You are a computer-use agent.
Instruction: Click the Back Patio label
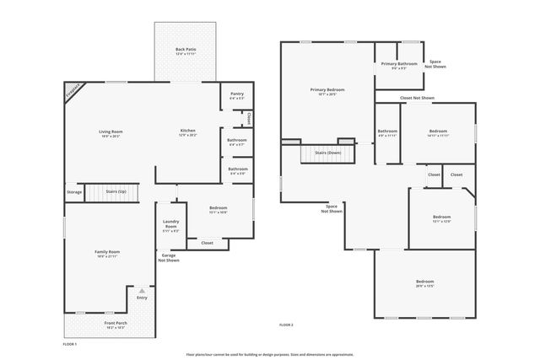point(185,51)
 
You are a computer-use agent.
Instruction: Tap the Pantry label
point(236,96)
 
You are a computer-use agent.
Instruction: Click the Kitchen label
point(187,132)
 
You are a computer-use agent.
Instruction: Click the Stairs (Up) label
point(116,192)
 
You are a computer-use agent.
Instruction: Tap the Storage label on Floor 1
point(74,192)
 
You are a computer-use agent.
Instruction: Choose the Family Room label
point(107,253)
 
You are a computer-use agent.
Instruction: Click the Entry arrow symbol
point(142,291)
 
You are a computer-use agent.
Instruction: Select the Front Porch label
point(116,325)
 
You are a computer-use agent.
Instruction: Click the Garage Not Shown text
point(169,257)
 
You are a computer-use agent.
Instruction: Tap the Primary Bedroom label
point(327,91)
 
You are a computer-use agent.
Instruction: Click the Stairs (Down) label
point(328,153)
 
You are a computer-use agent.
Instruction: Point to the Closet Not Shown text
point(417,98)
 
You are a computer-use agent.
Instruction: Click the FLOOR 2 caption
point(286,325)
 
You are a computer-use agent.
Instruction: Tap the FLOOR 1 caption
point(70,344)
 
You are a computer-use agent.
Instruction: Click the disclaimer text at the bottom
point(269,355)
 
